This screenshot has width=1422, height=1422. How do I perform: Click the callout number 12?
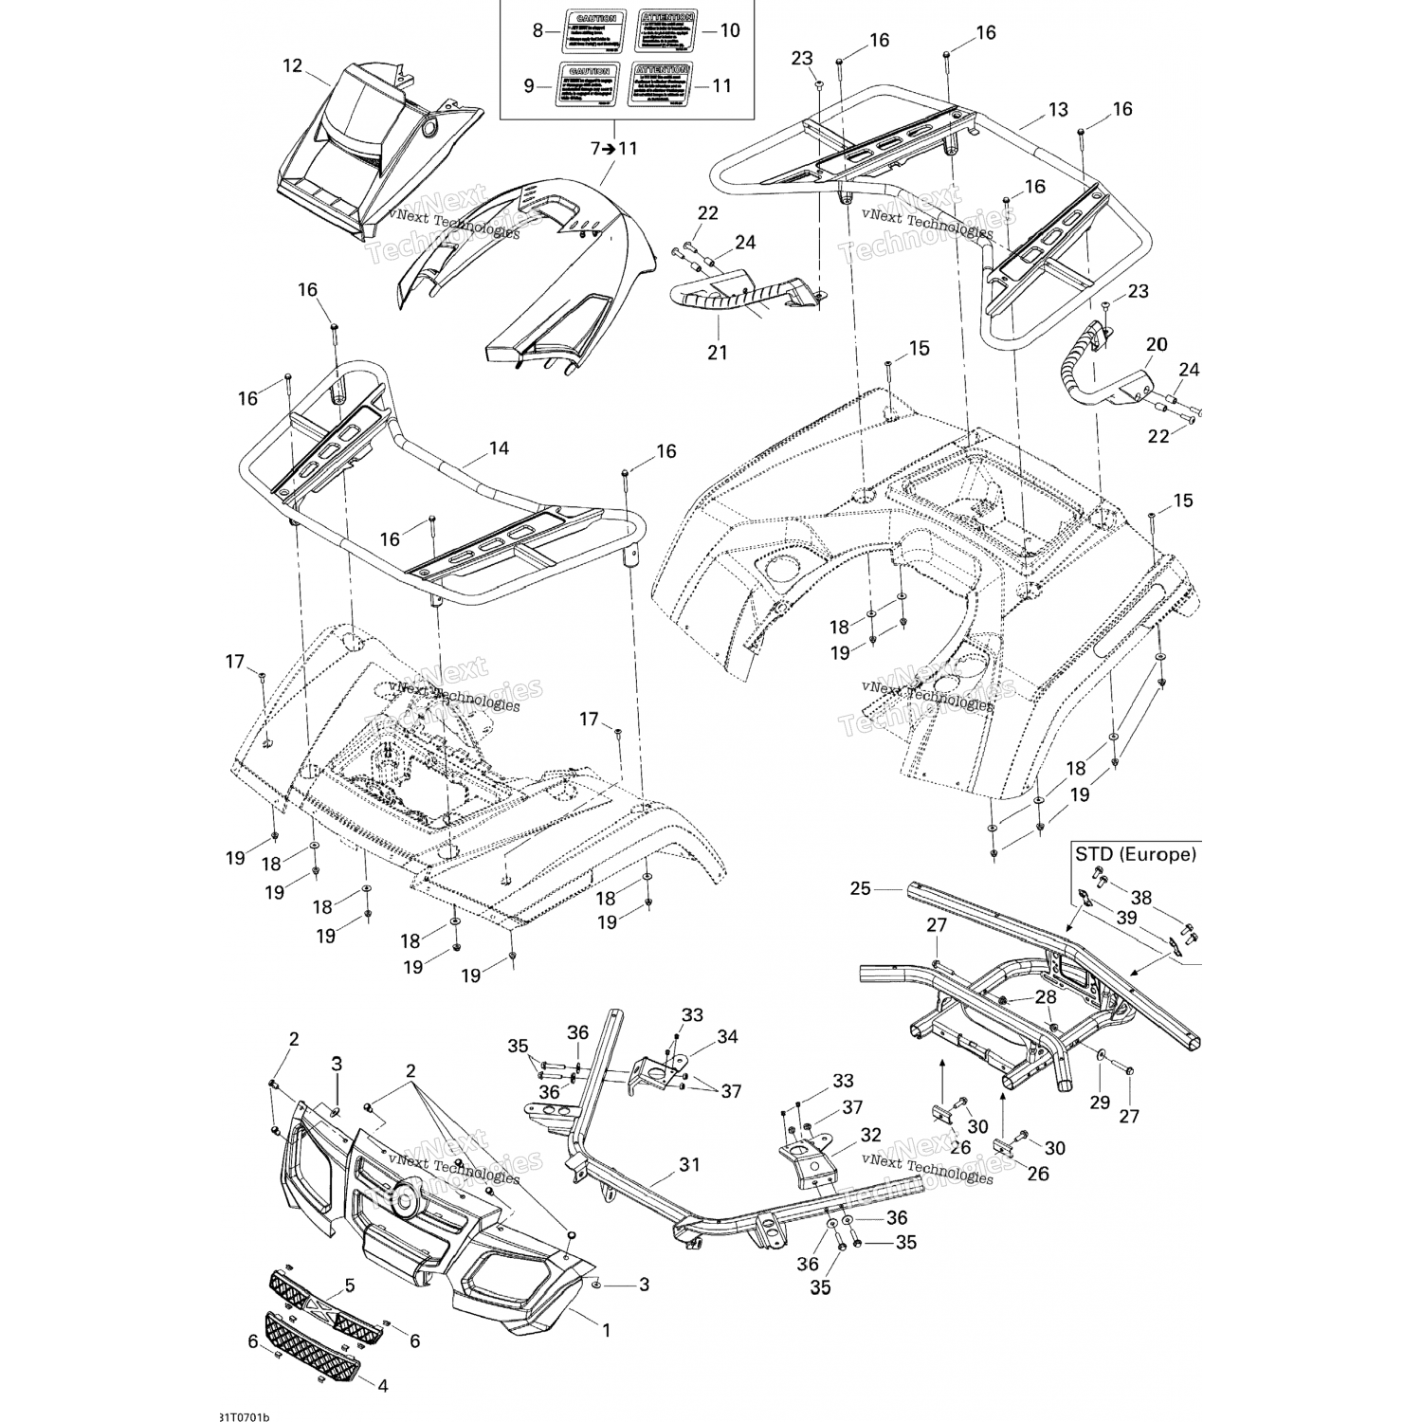(292, 65)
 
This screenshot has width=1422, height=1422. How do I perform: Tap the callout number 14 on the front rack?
(499, 447)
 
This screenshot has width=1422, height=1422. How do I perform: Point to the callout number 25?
(860, 889)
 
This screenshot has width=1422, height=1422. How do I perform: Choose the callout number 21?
(718, 352)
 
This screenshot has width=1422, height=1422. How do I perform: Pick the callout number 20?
(1157, 344)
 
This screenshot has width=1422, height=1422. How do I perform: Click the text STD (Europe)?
(1135, 853)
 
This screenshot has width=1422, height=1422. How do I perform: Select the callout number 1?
(607, 1330)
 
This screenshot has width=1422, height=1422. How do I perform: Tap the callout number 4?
(383, 1385)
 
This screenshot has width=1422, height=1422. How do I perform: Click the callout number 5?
(349, 1286)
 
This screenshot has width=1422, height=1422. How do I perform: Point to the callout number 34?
(727, 1037)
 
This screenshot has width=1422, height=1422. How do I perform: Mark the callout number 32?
(870, 1135)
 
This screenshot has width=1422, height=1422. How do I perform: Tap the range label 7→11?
(613, 148)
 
